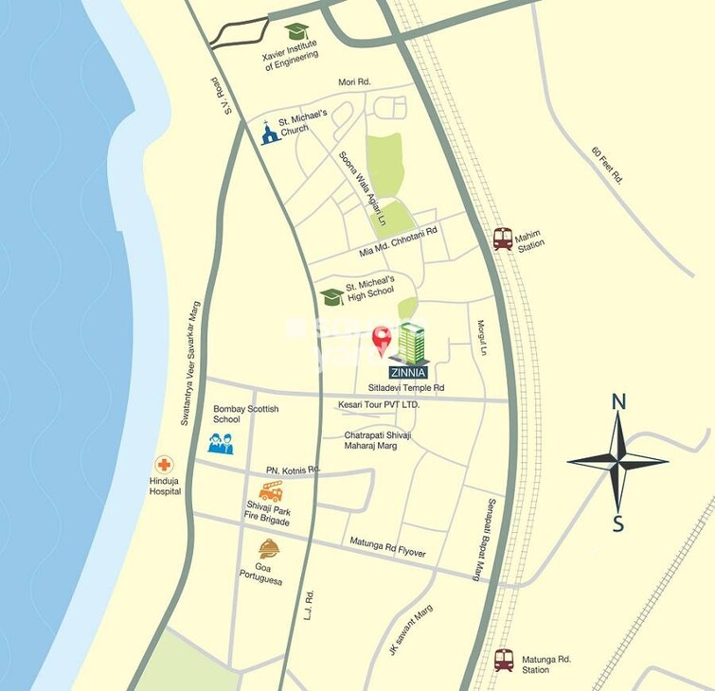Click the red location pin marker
click(382, 339)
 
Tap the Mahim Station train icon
click(503, 239)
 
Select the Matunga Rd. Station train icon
click(503, 660)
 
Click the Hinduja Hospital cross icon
click(165, 465)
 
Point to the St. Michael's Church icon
click(270, 133)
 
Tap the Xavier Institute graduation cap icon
click(296, 32)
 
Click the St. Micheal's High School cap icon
click(331, 296)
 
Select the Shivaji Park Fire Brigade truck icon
click(271, 491)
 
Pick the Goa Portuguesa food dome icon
click(269, 548)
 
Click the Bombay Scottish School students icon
click(221, 443)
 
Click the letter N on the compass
click(618, 401)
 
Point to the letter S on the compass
click(618, 523)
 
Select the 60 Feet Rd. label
click(606, 165)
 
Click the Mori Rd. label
click(356, 82)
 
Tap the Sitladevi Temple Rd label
click(406, 388)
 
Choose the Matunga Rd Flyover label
click(387, 548)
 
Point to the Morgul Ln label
click(481, 337)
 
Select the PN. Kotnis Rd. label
click(294, 470)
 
